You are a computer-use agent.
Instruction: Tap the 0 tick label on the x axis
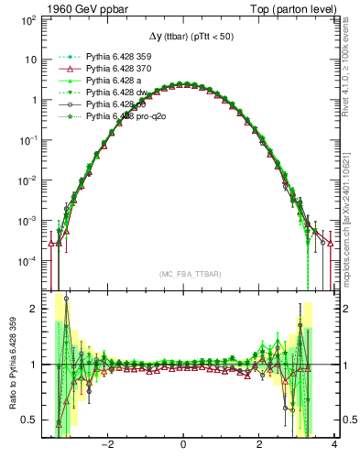(184, 445)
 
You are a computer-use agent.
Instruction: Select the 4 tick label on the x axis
(334, 445)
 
